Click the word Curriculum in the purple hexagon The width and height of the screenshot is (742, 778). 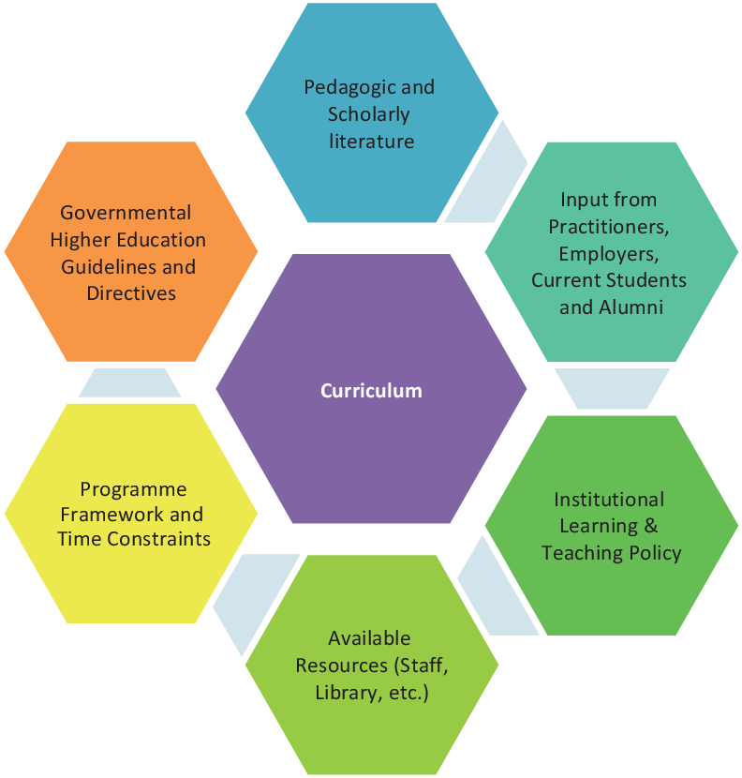(x=371, y=391)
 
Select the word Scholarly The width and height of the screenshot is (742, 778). (x=369, y=114)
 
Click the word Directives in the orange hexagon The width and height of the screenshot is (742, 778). (x=131, y=293)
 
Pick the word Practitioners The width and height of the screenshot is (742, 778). (x=609, y=226)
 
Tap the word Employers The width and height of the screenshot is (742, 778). (x=609, y=253)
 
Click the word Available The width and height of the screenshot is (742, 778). (x=369, y=638)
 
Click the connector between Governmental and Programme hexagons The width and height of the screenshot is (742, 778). (x=130, y=382)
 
